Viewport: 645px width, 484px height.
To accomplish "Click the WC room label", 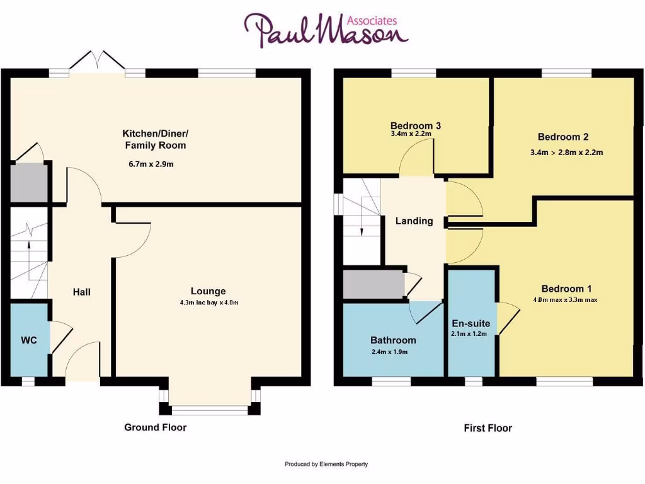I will (x=29, y=340).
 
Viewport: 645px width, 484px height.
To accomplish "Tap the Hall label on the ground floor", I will (x=82, y=292).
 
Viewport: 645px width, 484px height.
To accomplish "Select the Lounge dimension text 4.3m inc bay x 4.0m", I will (x=208, y=302).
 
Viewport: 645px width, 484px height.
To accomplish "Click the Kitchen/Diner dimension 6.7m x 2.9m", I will (x=151, y=164).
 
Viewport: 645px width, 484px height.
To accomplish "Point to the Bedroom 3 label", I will (x=415, y=125).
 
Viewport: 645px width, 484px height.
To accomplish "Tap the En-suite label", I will (x=471, y=323).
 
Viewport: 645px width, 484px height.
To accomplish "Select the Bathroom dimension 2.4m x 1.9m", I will (x=389, y=352).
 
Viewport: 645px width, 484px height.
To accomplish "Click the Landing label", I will (x=414, y=221).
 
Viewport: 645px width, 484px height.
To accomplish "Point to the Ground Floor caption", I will (x=155, y=427).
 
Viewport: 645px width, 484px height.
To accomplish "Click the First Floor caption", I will (x=488, y=428).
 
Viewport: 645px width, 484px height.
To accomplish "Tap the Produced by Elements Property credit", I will (x=326, y=464).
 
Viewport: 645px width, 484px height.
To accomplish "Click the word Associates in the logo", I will (x=374, y=20).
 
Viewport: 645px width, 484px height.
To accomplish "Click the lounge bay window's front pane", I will (x=210, y=411).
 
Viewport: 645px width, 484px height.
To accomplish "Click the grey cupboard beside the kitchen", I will (x=29, y=183).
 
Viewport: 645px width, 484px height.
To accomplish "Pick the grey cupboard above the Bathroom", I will (x=374, y=284).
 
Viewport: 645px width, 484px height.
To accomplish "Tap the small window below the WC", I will (x=28, y=381).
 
